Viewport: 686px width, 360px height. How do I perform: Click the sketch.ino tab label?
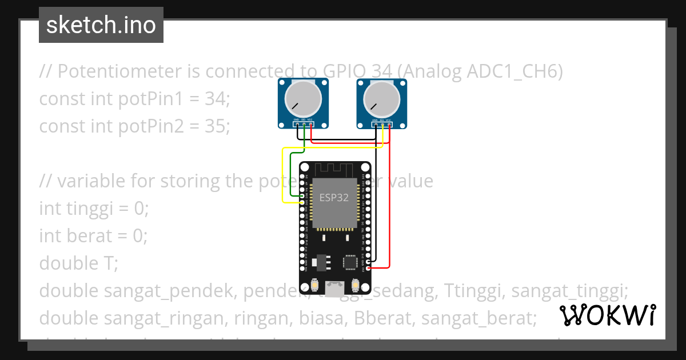point(101,25)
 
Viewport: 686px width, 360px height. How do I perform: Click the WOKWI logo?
point(607,315)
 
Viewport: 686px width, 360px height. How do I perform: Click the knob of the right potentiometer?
point(381,98)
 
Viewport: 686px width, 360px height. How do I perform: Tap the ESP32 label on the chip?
point(334,198)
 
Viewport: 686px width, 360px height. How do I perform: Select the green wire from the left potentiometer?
point(291,171)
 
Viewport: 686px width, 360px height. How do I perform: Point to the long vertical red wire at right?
point(390,200)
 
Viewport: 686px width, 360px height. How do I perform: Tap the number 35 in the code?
point(217,126)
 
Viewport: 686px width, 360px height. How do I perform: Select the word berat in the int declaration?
point(89,235)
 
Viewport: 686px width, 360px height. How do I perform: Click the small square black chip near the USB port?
point(350,262)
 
